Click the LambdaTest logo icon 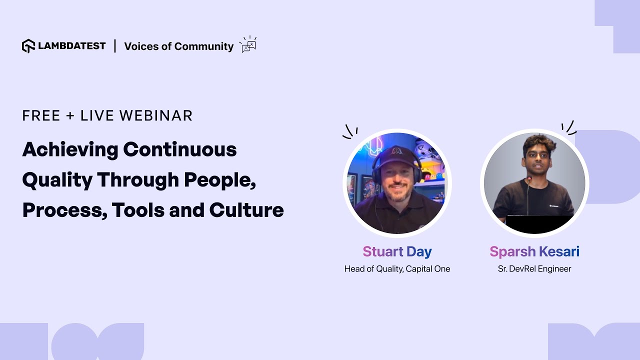click(x=28, y=46)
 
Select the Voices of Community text click(x=178, y=46)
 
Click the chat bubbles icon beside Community click(x=248, y=44)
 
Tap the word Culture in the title click(x=246, y=210)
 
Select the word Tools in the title click(x=137, y=210)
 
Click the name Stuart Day click(x=397, y=251)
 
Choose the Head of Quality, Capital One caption click(x=397, y=269)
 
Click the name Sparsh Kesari click(x=534, y=251)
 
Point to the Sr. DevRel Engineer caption click(x=534, y=269)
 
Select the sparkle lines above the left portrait click(x=350, y=131)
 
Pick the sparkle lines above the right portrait click(x=568, y=127)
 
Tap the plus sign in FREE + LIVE click(x=70, y=116)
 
